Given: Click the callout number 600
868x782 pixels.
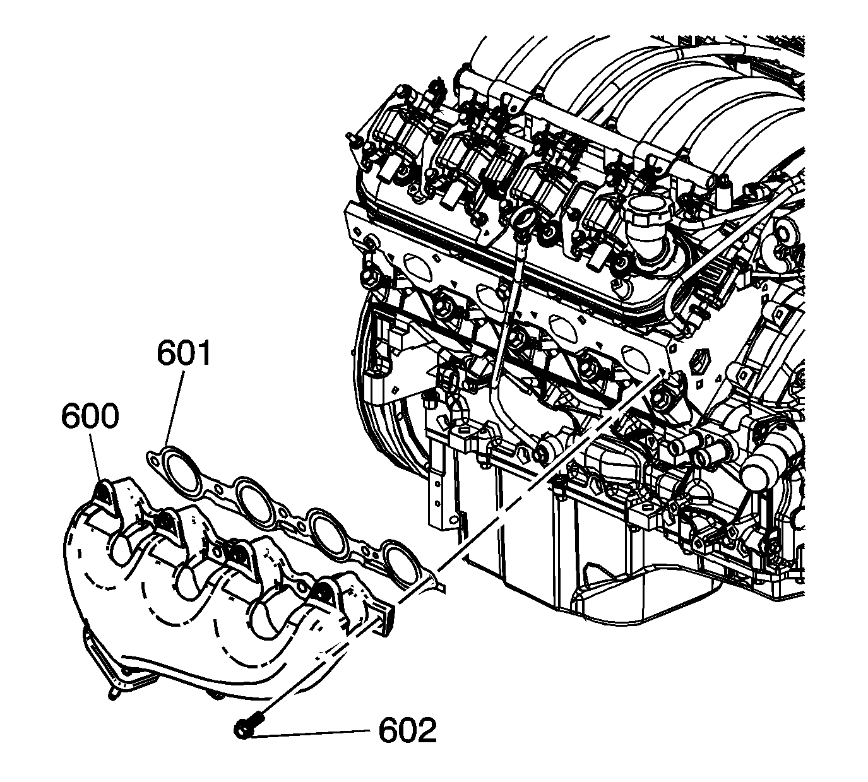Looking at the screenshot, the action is pyautogui.click(x=90, y=416).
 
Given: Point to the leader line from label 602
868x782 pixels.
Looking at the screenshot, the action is pyautogui.click(x=310, y=733).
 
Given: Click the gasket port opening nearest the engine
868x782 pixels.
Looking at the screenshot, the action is pyautogui.click(x=400, y=562).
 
